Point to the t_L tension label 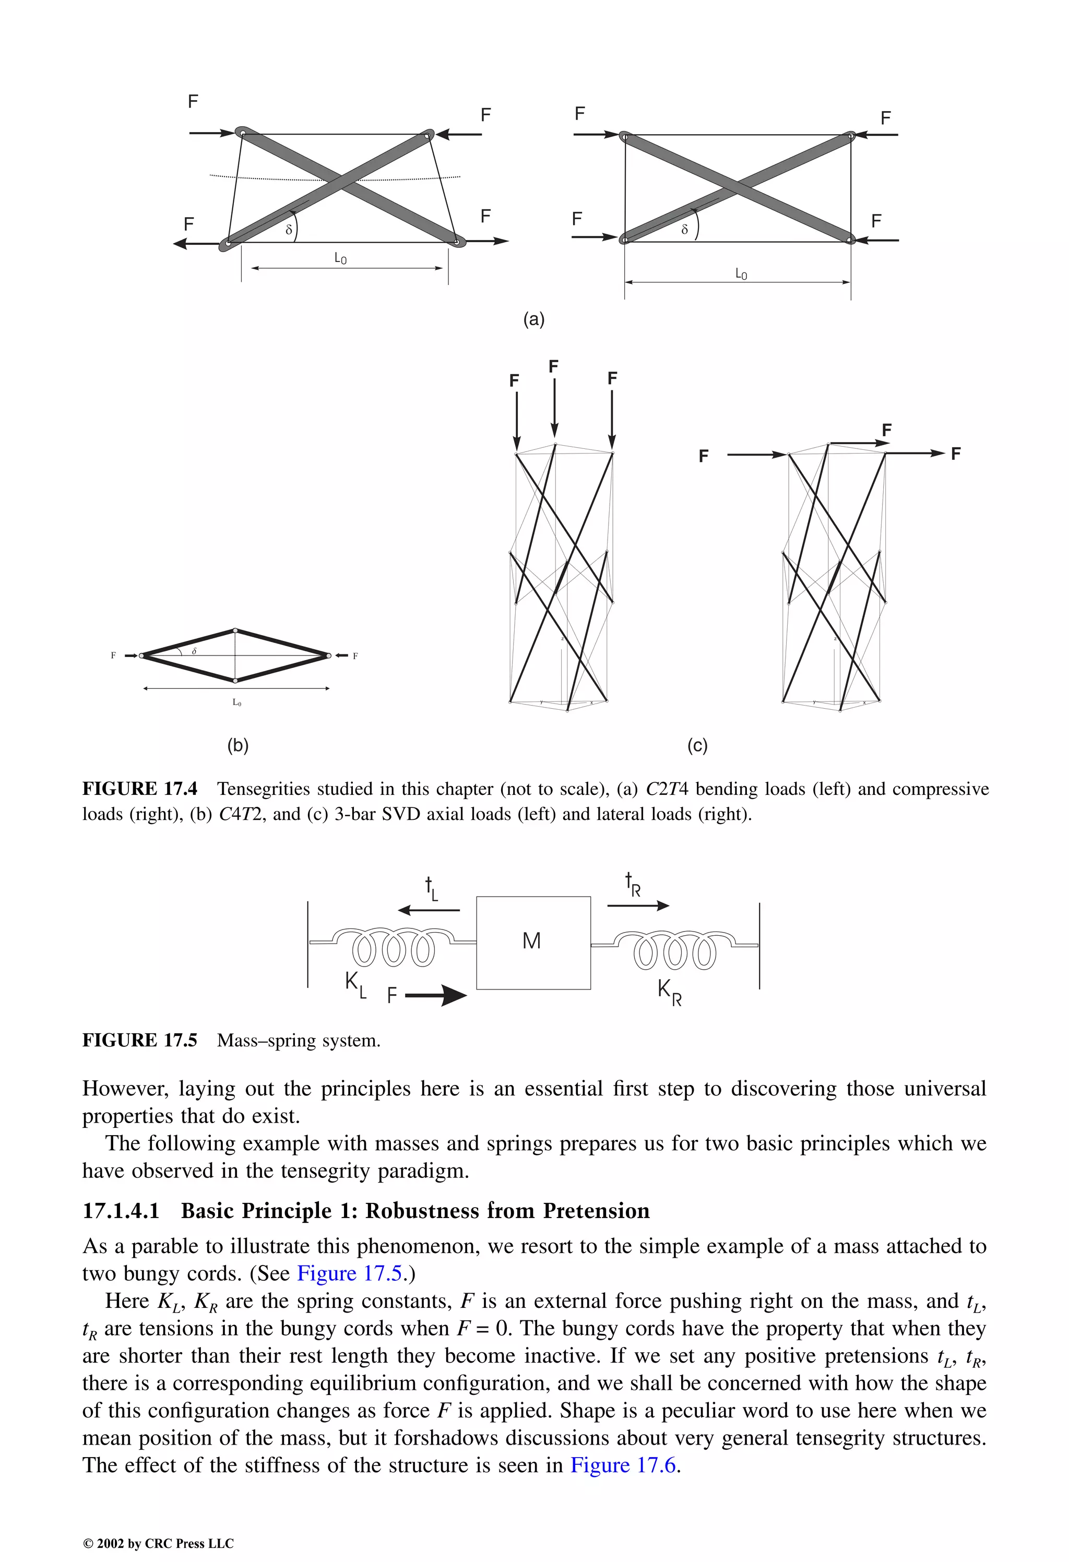tap(431, 889)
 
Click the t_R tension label tap(632, 885)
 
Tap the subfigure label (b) tap(238, 745)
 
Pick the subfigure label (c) tap(697, 745)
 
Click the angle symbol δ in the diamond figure tap(194, 651)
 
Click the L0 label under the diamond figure tap(236, 702)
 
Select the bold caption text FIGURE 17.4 tap(140, 789)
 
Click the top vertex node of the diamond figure tap(235, 630)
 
